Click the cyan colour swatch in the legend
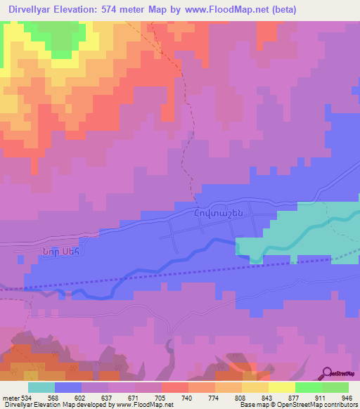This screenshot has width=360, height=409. point(41,387)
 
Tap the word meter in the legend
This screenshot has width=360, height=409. point(11,397)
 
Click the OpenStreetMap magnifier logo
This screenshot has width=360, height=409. point(328,373)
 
